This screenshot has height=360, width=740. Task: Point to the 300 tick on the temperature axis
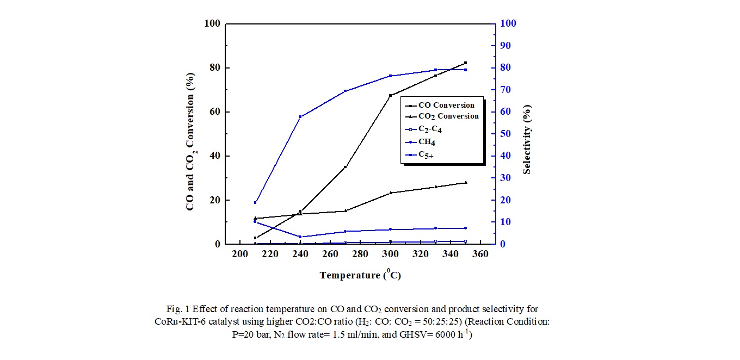[x=390, y=255]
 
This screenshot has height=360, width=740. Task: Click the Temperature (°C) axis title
[x=360, y=275]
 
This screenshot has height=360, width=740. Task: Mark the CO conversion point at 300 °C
[x=390, y=96]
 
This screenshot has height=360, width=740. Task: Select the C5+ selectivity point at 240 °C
[x=300, y=117]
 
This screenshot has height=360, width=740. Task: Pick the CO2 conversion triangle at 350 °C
[x=465, y=182]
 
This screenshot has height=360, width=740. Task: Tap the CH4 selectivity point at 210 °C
[x=255, y=222]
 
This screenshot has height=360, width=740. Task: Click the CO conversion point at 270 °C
[x=345, y=167]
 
